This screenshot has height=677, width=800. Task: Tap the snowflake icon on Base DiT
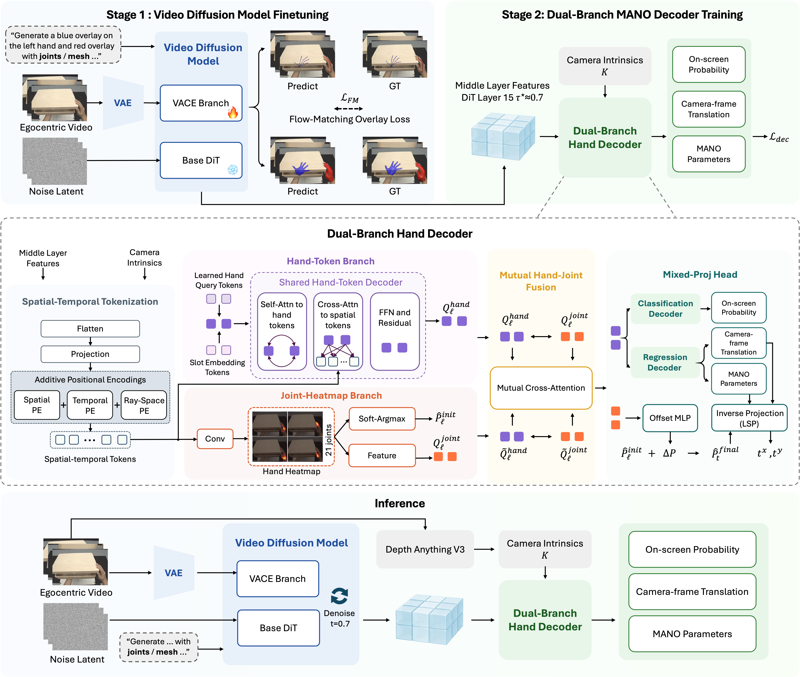[x=233, y=170]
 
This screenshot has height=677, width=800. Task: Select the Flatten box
[x=90, y=328]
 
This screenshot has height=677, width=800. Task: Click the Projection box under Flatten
[x=90, y=354]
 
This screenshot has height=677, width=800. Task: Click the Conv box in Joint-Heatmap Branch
[x=215, y=439]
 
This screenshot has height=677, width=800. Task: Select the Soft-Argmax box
[x=382, y=419]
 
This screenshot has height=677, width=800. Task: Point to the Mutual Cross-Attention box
[x=541, y=388]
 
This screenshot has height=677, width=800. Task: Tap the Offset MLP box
[x=670, y=418]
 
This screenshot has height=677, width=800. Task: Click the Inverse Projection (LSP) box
[x=749, y=418]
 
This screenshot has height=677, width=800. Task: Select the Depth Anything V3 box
[x=425, y=549]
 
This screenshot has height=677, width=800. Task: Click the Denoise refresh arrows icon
[x=339, y=596]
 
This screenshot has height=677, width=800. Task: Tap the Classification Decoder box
[x=665, y=309]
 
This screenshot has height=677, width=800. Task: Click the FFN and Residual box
[x=395, y=332]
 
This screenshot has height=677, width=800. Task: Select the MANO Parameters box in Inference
[x=692, y=634]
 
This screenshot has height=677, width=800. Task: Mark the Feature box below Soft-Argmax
[x=382, y=456]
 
